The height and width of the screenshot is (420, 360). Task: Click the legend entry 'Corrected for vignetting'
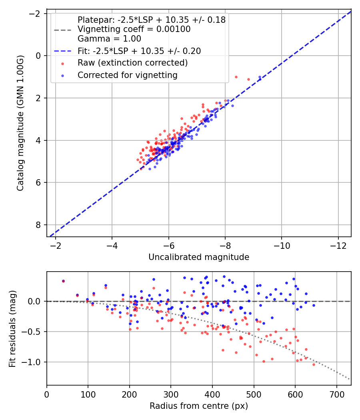[128, 75]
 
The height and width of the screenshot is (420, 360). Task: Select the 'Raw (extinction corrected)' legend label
[132, 63]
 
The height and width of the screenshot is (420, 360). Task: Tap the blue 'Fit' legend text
[139, 51]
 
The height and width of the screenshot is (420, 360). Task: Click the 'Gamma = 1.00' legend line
[109, 38]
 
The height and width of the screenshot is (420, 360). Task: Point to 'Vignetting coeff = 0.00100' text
[134, 29]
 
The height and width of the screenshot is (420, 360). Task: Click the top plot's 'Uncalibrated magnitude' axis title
[199, 257]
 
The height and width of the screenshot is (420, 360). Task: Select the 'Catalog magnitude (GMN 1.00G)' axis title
[20, 123]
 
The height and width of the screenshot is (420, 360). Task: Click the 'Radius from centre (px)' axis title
[199, 406]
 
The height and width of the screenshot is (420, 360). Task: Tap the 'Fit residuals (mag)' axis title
[12, 328]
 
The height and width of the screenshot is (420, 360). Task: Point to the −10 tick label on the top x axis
[282, 246]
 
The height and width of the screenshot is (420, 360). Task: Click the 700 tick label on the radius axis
[337, 394]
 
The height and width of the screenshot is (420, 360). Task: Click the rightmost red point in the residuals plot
[314, 364]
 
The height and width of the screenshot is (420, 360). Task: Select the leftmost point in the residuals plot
[63, 281]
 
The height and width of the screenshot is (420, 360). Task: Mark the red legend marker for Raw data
[63, 64]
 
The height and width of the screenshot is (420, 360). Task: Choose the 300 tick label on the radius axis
[171, 394]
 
